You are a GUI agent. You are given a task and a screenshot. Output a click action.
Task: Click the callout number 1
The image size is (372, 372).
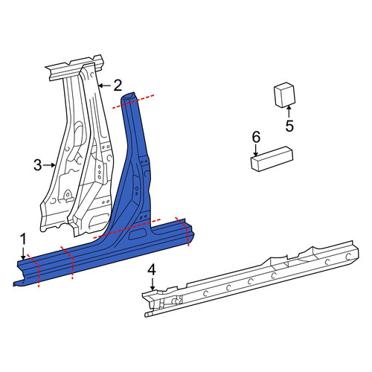23,240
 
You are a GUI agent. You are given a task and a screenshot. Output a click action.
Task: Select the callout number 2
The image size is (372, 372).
118,86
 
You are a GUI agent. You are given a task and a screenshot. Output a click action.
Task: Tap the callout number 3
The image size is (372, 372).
38,165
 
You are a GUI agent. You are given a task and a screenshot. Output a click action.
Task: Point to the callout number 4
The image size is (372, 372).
152,270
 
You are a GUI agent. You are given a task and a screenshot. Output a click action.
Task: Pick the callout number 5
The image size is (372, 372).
289,126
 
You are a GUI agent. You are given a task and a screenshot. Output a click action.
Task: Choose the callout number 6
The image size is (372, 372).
257,137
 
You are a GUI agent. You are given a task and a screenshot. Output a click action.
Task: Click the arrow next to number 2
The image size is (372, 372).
104,86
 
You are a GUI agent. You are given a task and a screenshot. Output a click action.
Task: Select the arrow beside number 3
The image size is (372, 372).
49,165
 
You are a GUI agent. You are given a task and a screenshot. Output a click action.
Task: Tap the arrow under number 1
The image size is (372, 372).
23,254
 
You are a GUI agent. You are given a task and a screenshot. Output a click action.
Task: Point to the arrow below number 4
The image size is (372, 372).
153,284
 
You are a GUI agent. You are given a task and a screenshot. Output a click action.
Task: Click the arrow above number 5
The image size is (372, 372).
289,112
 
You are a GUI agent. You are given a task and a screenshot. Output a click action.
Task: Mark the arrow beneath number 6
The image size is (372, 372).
256,150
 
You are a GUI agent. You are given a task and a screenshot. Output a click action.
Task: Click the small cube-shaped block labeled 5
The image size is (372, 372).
284,95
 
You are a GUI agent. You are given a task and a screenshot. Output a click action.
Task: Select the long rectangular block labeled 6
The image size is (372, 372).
272,158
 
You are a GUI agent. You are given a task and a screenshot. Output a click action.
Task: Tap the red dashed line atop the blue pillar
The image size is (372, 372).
133,101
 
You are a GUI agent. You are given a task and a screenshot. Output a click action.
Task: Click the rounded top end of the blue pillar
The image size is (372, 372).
128,96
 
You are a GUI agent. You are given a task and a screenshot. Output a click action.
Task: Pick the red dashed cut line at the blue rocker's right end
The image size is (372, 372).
183,231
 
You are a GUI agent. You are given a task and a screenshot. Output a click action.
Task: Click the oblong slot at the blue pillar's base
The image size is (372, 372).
138,234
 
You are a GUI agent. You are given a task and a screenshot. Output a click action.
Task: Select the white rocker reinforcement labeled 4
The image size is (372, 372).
251,278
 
